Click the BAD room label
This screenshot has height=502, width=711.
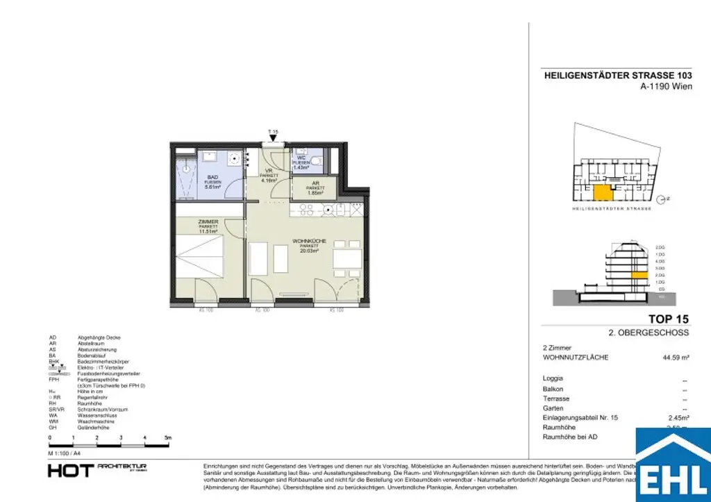click(211, 177)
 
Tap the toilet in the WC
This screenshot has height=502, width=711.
click(316, 162)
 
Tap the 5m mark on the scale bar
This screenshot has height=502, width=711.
click(167, 438)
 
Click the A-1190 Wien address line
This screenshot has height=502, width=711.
click(666, 87)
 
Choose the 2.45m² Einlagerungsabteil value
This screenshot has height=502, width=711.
click(678, 419)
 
